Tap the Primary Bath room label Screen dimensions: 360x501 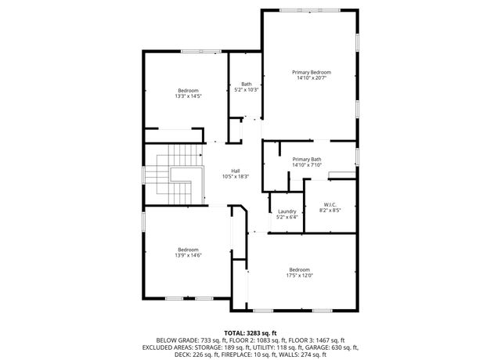pos(306,159)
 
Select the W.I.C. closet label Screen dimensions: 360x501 pos(330,204)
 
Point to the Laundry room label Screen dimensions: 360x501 pos(287,211)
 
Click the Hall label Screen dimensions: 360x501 pos(235,171)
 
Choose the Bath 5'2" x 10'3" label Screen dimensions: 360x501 pos(247,85)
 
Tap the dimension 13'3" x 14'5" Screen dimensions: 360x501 pos(189,96)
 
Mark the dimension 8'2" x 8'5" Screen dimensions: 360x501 pos(330,211)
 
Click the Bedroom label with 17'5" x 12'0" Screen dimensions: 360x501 pos(300,269)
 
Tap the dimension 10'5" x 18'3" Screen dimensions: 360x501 pos(235,177)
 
